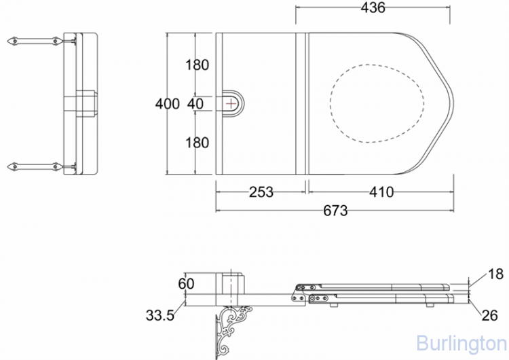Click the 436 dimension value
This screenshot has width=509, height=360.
point(373,7)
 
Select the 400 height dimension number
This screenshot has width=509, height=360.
point(167,104)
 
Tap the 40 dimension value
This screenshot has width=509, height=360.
point(195,104)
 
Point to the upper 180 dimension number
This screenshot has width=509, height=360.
point(197,65)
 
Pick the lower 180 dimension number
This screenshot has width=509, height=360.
point(197,143)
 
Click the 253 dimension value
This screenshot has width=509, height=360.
point(261,192)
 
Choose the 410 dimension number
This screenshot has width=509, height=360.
point(381,192)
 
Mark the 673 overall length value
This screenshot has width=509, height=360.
point(335,211)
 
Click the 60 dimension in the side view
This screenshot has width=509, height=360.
point(186,284)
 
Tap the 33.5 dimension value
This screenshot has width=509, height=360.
point(160,315)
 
